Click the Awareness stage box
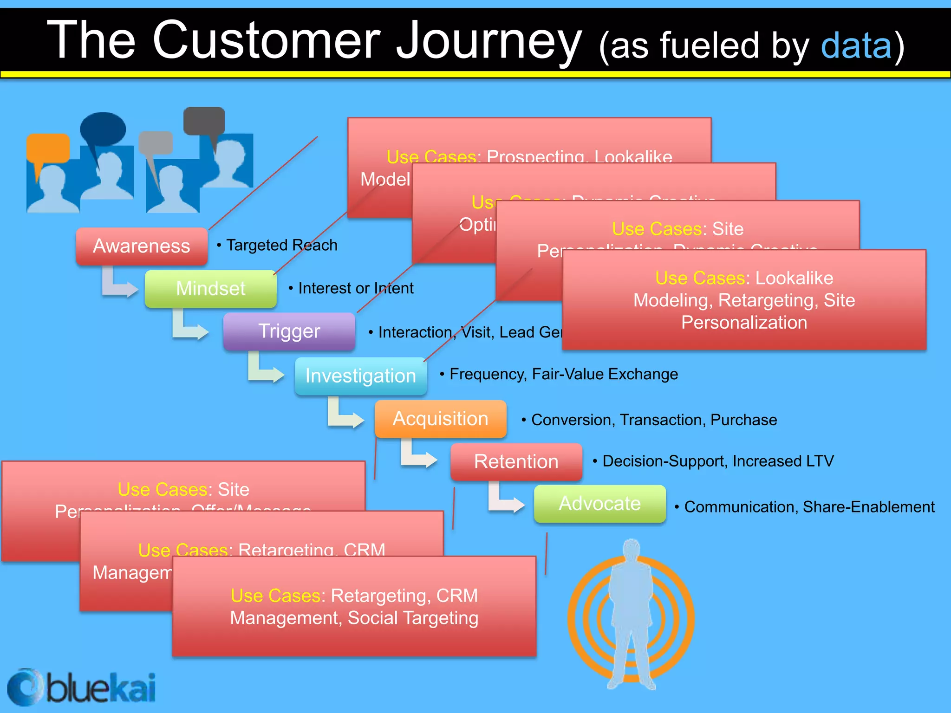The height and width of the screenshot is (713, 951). point(142,246)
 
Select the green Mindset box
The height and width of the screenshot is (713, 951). point(211,289)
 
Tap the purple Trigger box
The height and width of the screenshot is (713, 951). point(289,331)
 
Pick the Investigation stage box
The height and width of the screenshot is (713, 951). point(360,376)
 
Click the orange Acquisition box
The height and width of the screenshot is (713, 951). point(440,419)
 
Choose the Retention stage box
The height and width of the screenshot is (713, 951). point(516,461)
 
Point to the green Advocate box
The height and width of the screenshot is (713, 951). point(599,504)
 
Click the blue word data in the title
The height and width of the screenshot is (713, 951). point(856,46)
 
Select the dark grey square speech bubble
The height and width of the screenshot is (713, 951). point(204,121)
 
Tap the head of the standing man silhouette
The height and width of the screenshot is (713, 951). point(632,550)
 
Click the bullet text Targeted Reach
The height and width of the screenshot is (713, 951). point(281,245)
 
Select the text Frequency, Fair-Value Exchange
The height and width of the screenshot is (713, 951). point(563,374)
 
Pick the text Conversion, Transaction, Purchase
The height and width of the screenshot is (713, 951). point(653,420)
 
